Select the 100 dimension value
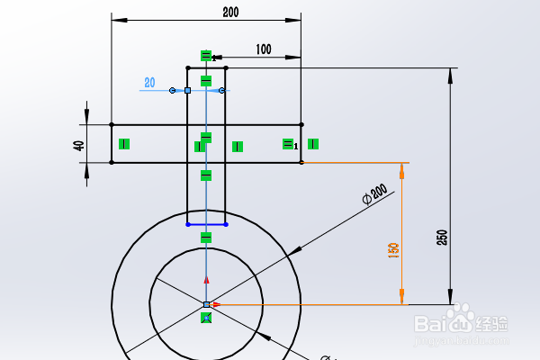tap(263, 49)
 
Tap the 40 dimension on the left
tap(80, 144)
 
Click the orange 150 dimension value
tap(393, 251)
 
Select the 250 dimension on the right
tap(441, 238)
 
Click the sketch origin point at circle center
tap(206, 305)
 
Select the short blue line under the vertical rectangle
tap(206, 224)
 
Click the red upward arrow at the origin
tap(206, 280)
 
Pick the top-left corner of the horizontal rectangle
tap(112, 125)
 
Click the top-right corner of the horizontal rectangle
tap(301, 125)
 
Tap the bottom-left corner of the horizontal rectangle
tap(112, 163)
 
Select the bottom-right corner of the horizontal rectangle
tap(301, 163)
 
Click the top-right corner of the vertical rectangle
tap(225, 67)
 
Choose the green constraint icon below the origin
tap(206, 318)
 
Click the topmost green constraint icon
tap(206, 56)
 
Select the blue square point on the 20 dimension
tap(187, 90)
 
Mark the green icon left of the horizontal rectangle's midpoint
tap(124, 143)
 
